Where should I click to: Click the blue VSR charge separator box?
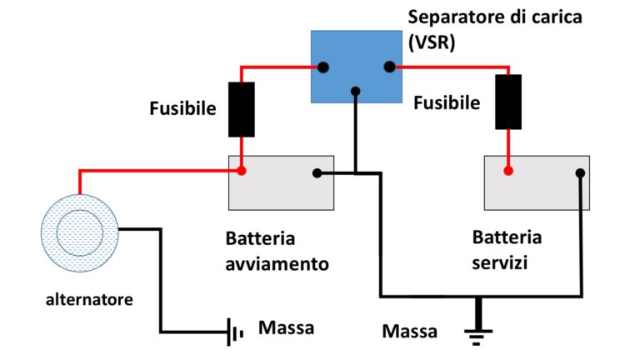click(x=357, y=67)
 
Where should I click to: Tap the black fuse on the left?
click(x=242, y=109)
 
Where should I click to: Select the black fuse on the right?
click(x=507, y=102)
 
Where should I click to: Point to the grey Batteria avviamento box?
click(x=281, y=182)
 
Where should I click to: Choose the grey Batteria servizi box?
click(x=537, y=182)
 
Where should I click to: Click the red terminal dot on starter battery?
click(x=242, y=171)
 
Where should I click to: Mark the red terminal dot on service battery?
click(x=507, y=171)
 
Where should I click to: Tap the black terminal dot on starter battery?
click(x=317, y=173)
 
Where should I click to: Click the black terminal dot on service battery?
click(x=580, y=173)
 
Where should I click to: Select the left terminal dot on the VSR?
click(x=322, y=67)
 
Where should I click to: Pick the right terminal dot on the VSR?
click(x=388, y=67)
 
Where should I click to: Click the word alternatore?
click(x=85, y=298)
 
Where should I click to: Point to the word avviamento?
click(x=277, y=263)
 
